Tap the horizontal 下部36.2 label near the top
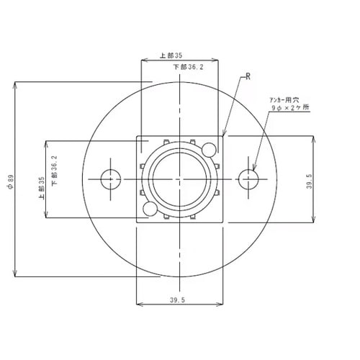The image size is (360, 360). [189, 66]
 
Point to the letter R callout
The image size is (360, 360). [248, 75]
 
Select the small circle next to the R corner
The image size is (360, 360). [210, 149]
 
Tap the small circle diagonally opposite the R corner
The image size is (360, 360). [150, 209]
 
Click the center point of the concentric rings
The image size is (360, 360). [179, 178]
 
